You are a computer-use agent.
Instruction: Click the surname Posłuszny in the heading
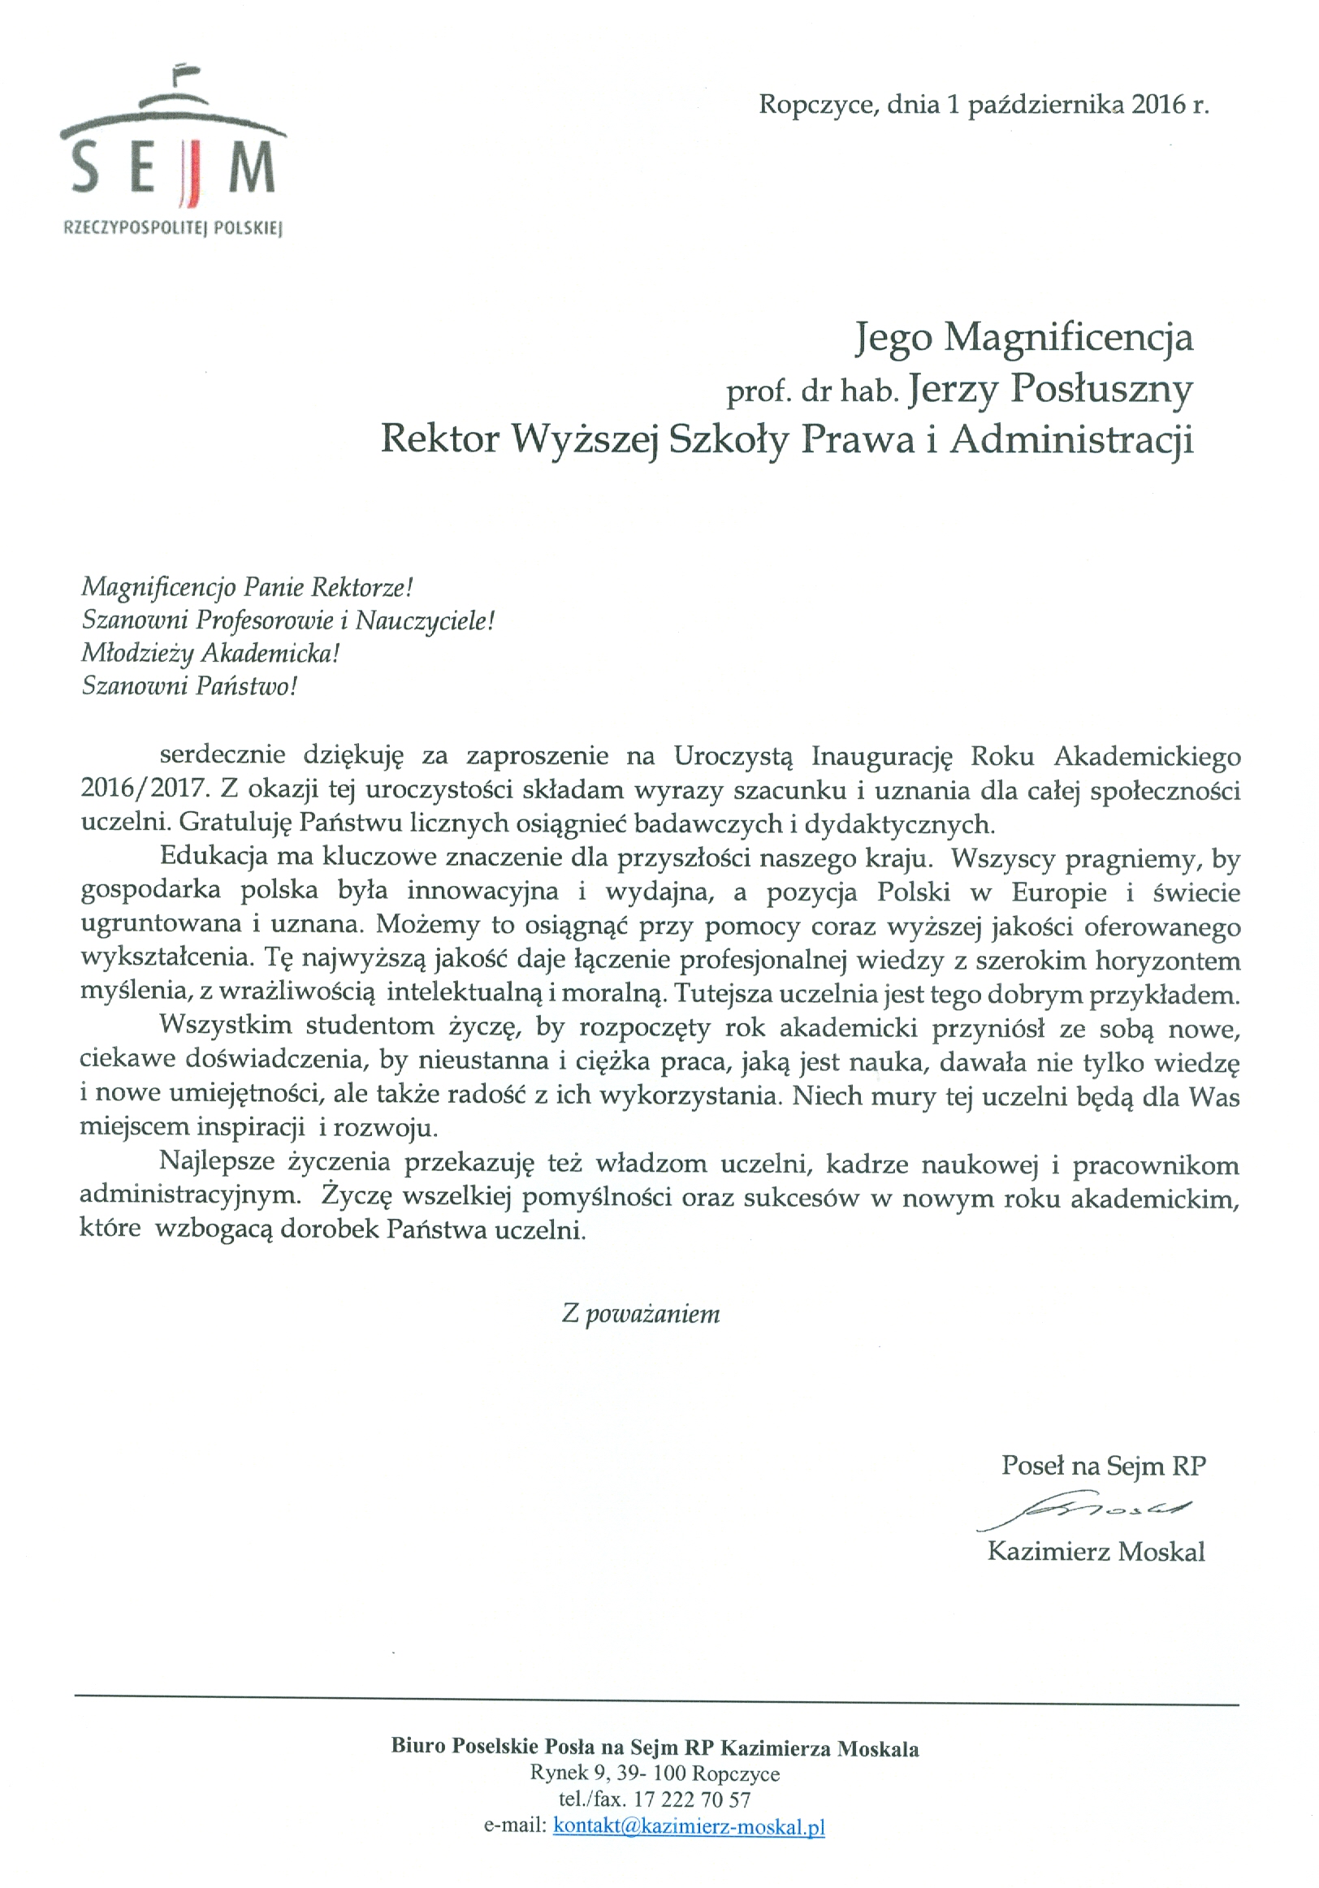[x=1101, y=389]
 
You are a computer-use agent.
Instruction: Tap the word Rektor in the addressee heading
[x=440, y=439]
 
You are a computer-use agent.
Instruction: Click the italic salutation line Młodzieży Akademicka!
[x=210, y=654]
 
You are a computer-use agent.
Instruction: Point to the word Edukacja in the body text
[x=212, y=857]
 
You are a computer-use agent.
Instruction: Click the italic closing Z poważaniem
[x=641, y=1314]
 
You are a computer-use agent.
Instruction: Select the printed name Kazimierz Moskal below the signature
[x=1096, y=1552]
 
